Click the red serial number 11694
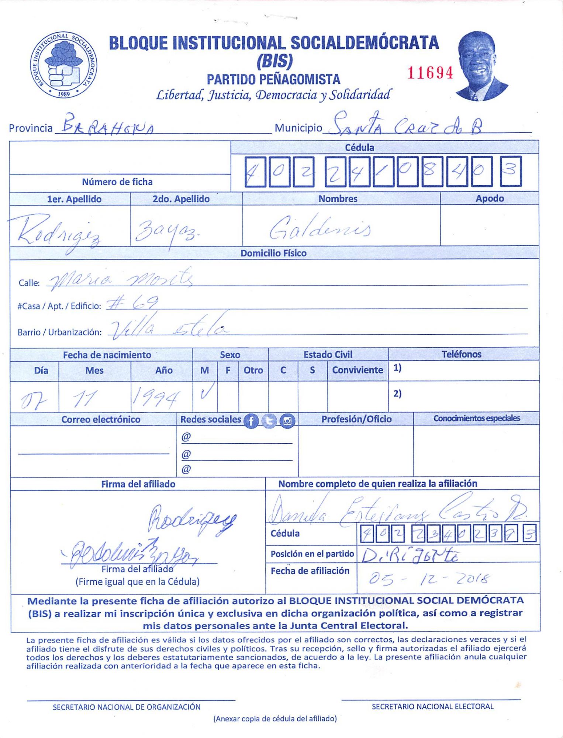click(430, 73)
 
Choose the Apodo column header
click(489, 199)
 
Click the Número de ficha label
click(117, 182)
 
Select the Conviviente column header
click(357, 370)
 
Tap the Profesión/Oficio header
click(356, 419)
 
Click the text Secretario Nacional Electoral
click(432, 707)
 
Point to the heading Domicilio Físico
click(273, 253)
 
